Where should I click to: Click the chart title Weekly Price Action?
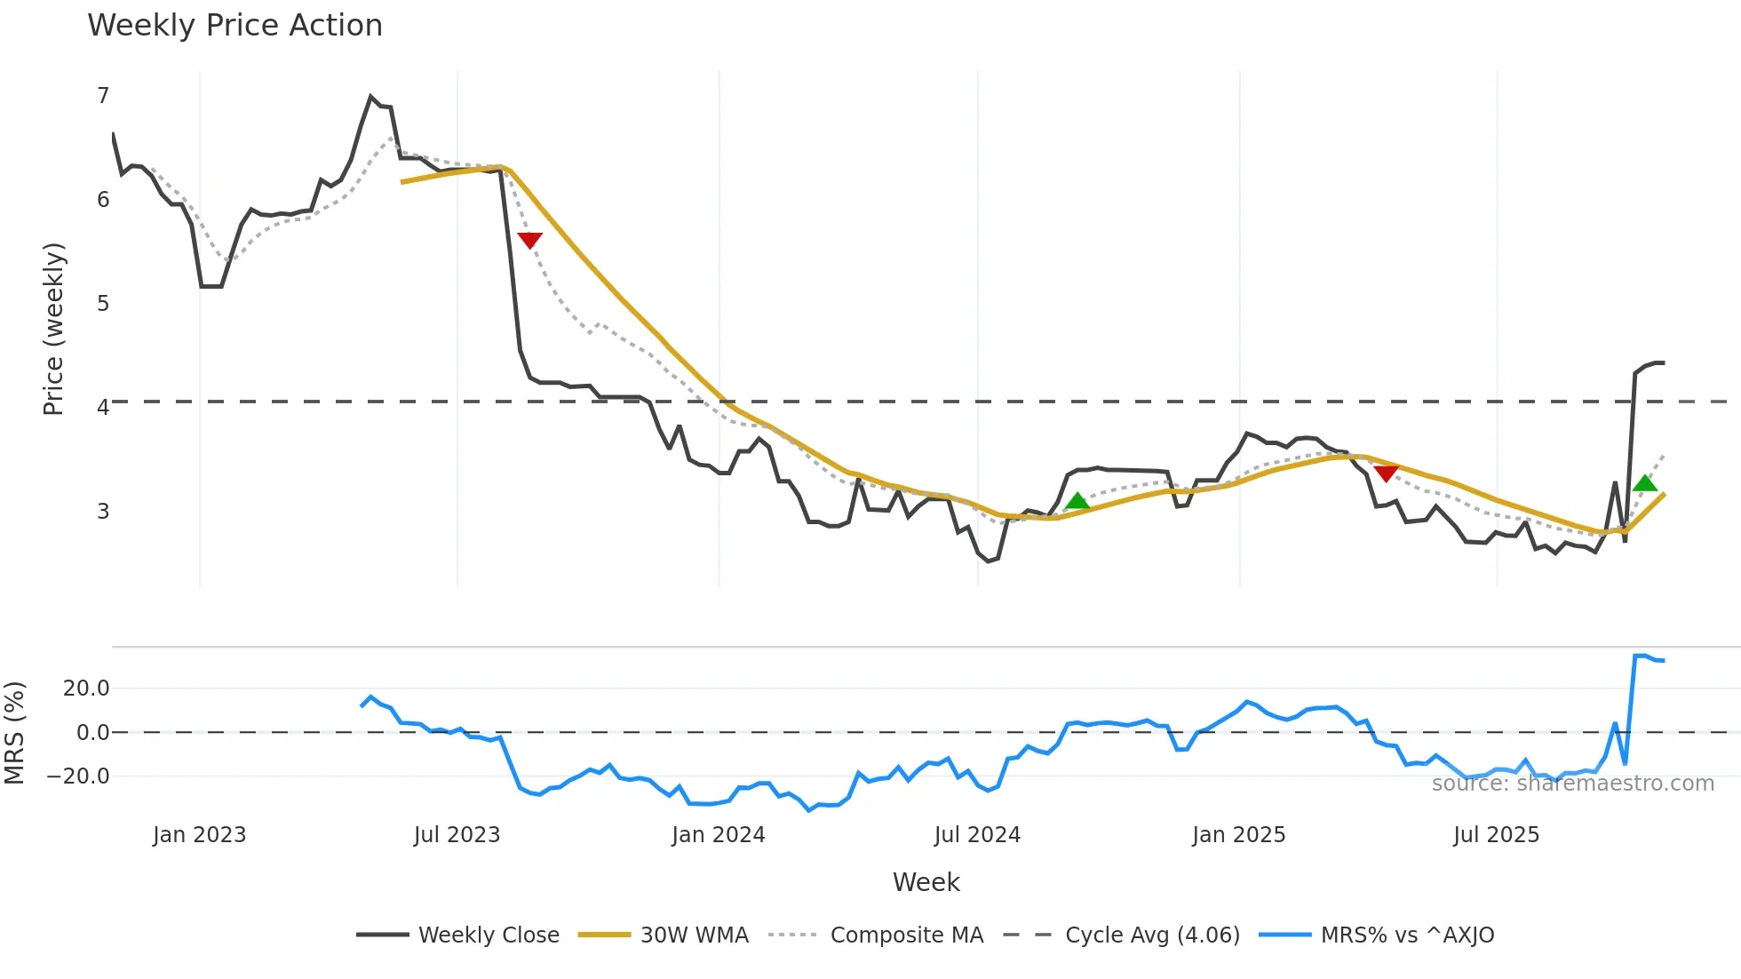(235, 26)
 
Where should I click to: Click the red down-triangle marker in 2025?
(1386, 474)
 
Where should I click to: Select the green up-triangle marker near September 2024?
(1077, 501)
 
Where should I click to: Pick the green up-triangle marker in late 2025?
(1644, 483)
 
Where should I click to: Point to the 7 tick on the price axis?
(103, 96)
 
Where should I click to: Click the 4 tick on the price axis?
(103, 408)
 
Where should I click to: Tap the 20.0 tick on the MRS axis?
(86, 688)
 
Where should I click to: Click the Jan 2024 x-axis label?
(718, 835)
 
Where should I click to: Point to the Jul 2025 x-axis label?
(1496, 835)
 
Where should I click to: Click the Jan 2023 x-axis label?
(199, 835)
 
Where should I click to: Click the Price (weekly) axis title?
(53, 329)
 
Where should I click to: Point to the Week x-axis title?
(926, 882)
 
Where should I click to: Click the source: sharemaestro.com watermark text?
(1572, 784)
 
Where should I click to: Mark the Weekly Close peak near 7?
(370, 97)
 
